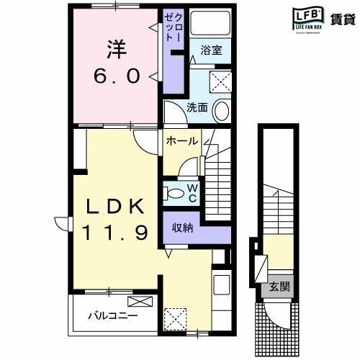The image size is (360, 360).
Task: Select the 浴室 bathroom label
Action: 211,51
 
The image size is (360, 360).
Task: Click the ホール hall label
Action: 181,141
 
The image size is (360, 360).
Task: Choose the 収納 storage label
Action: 182,228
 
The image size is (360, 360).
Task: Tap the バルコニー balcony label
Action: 113,315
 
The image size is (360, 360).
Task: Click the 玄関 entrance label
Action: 279,287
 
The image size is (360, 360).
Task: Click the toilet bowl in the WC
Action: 176,193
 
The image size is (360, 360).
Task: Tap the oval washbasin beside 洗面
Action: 222,112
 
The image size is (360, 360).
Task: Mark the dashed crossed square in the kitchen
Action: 174,318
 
